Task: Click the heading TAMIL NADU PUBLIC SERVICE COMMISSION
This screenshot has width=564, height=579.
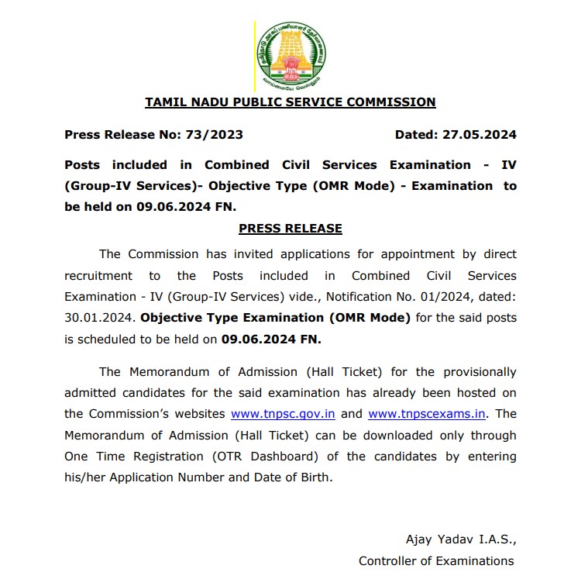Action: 291,102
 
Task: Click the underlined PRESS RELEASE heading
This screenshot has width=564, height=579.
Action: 291,229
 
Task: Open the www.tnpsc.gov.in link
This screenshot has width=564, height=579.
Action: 284,414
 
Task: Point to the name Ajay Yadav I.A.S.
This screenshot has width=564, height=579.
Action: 460,539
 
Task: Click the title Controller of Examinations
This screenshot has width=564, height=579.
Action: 436,560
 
